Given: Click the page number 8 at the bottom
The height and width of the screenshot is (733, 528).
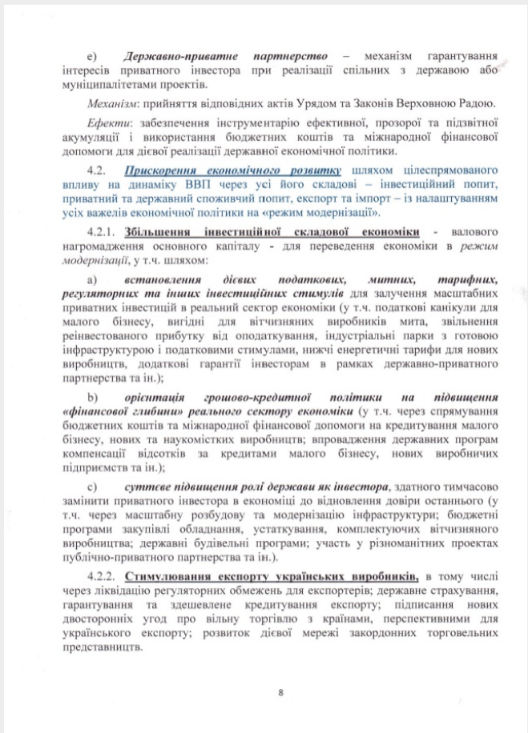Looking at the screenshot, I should (280, 693).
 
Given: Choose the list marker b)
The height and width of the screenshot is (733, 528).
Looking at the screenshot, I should (91, 399).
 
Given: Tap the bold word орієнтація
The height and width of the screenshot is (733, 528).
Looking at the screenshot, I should (156, 399).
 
